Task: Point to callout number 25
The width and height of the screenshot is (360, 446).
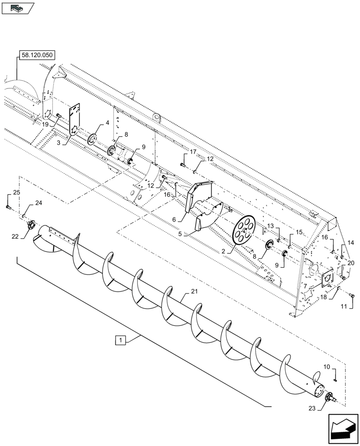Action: [16, 192]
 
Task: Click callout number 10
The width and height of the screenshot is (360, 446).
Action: [327, 367]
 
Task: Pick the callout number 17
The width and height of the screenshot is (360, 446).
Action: [192, 153]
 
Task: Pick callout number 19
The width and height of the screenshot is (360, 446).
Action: [46, 124]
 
